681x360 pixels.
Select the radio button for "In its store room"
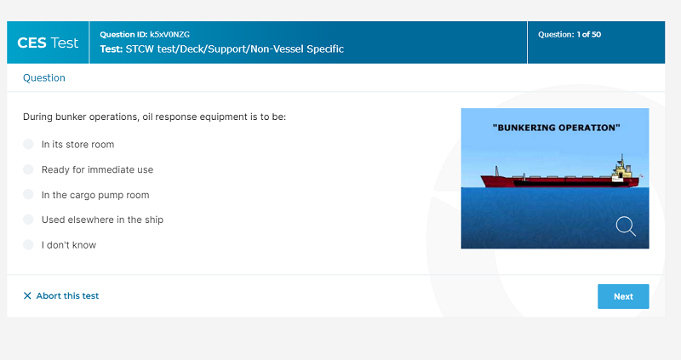[x=28, y=144]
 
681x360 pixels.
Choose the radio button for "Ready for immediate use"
[x=28, y=169]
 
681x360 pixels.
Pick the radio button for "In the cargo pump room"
[x=28, y=194]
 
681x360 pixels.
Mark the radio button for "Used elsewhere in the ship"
[x=28, y=220]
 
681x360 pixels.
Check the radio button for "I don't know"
[x=28, y=244]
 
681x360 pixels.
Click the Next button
[x=623, y=297]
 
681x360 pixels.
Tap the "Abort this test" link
[x=67, y=295]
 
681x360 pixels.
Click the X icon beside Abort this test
[x=27, y=295]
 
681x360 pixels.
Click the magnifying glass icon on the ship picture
[x=626, y=226]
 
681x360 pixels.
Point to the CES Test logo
[x=48, y=43]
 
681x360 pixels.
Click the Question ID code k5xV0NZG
[x=169, y=34]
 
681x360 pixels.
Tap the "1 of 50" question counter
[x=589, y=34]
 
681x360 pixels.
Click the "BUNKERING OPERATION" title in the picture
[x=557, y=128]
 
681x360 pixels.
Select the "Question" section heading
[x=44, y=77]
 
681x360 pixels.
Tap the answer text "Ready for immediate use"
[x=97, y=170]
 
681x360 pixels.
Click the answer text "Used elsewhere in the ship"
[x=102, y=220]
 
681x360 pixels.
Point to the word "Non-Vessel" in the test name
[x=278, y=49]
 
